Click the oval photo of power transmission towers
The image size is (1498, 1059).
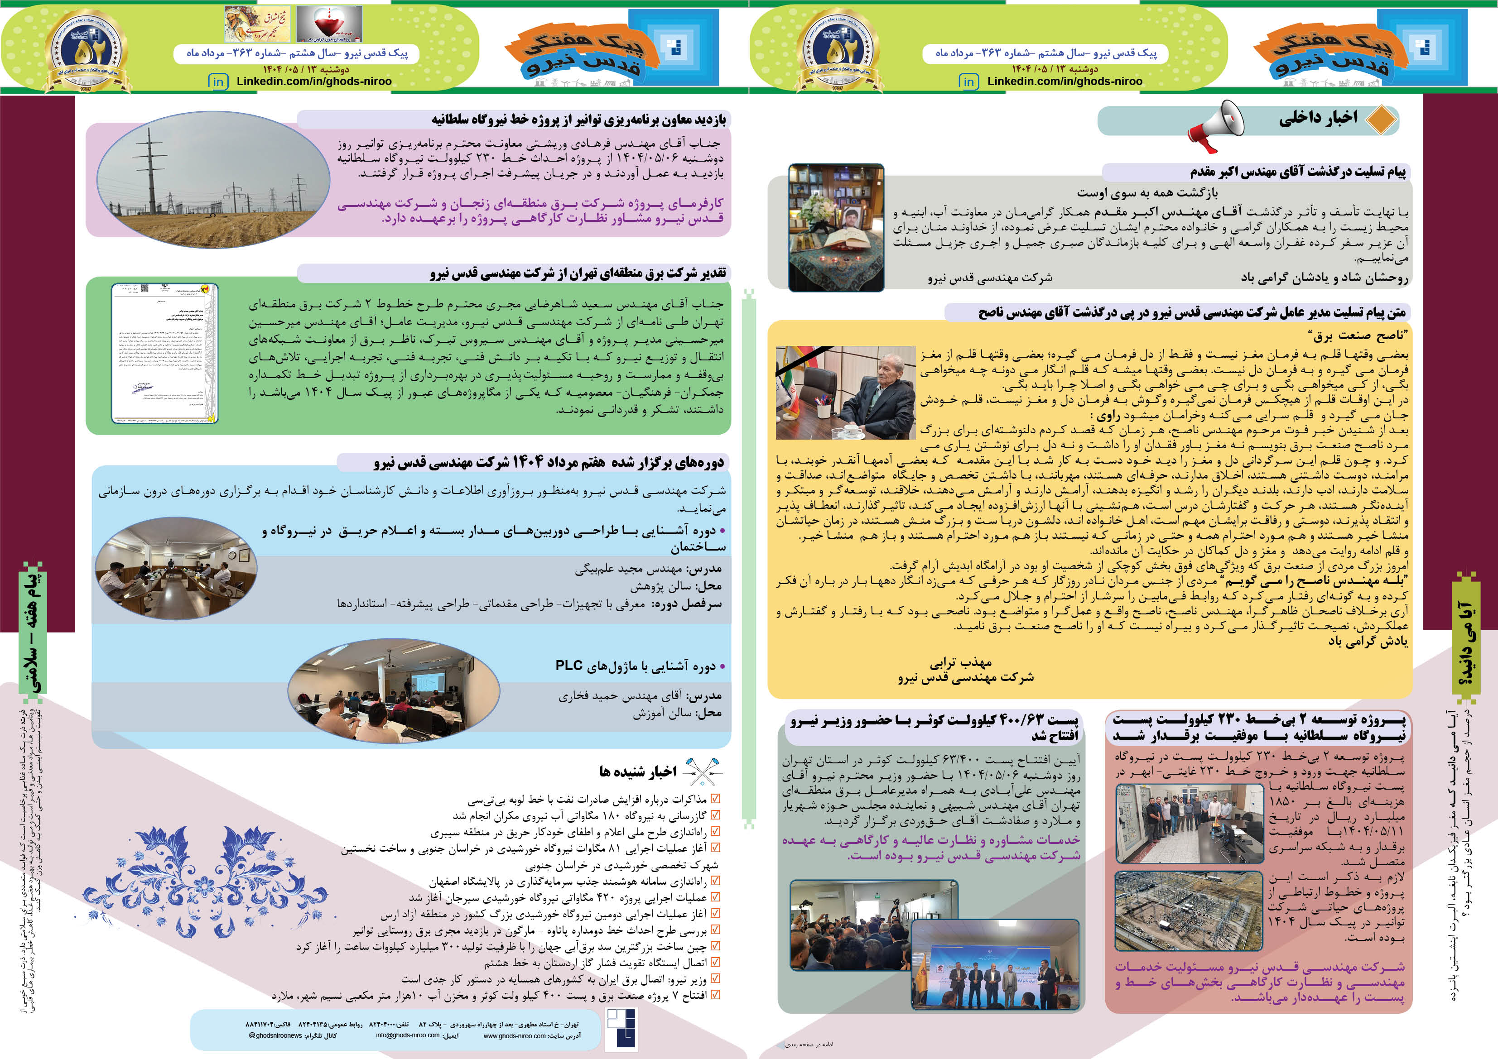213,179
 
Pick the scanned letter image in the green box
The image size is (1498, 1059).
164,353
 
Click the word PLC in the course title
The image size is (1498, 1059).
568,665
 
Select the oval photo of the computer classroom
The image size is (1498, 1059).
394,691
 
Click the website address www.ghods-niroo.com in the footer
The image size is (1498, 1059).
514,1035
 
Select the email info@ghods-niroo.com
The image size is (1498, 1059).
407,1035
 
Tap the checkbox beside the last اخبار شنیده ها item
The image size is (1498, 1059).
715,995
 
